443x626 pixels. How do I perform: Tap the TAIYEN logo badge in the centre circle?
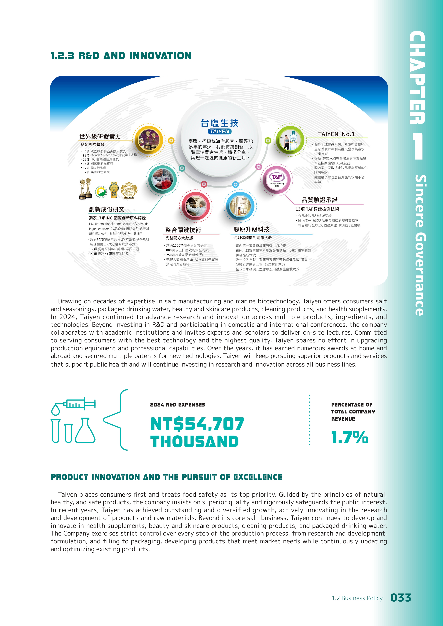(220, 131)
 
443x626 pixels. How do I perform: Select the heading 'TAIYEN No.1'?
(336, 134)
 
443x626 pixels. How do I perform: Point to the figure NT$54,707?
(197, 424)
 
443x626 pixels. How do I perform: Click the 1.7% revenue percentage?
(350, 437)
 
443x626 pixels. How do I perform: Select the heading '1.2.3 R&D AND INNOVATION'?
(121, 56)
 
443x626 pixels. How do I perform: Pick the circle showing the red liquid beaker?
(163, 179)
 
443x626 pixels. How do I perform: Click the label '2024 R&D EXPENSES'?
(177, 405)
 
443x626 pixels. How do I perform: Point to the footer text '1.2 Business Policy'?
(357, 598)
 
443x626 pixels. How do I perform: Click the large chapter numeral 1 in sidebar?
(417, 146)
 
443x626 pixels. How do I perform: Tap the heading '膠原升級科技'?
(251, 229)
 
